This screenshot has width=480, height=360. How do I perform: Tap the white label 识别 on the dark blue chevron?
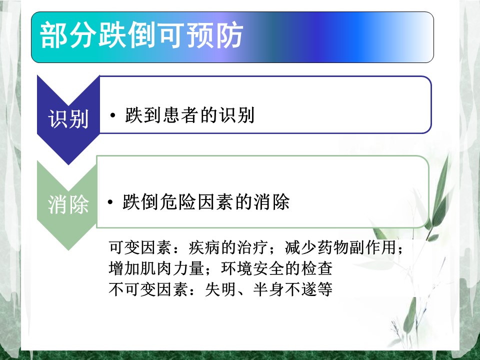pyautogui.click(x=68, y=118)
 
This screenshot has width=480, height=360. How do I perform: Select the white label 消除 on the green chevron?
pyautogui.click(x=68, y=204)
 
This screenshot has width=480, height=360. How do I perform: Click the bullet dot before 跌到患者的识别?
pyautogui.click(x=112, y=115)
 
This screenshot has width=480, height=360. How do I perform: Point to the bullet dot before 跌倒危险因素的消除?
pyautogui.click(x=110, y=202)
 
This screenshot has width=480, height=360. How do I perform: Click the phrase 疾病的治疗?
pyautogui.click(x=228, y=247)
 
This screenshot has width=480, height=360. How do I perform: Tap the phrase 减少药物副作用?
pyautogui.click(x=340, y=247)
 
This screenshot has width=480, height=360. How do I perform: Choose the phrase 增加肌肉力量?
pyautogui.click(x=156, y=268)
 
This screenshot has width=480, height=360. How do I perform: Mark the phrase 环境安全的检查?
pyautogui.click(x=276, y=268)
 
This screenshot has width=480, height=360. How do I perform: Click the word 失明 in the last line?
pyautogui.click(x=220, y=289)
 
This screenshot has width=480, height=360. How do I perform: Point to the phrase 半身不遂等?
pyautogui.click(x=292, y=289)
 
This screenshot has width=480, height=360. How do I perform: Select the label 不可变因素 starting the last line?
pyautogui.click(x=148, y=289)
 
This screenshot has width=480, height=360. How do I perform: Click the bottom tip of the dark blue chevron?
pyautogui.click(x=68, y=164)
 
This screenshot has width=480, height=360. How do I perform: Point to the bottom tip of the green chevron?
pyautogui.click(x=68, y=250)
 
